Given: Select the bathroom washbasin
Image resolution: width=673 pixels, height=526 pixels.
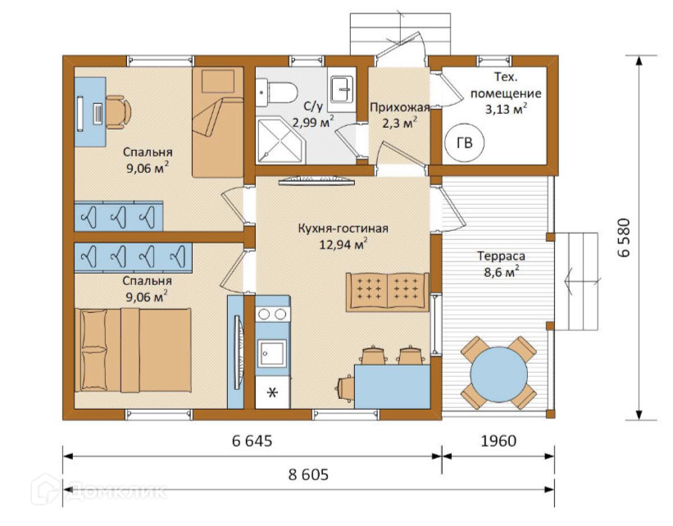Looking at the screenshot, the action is tap(342, 89).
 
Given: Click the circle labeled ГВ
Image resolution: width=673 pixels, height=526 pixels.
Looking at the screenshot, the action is tap(465, 143).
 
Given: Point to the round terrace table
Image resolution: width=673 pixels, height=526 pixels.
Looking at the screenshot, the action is tap(498, 374).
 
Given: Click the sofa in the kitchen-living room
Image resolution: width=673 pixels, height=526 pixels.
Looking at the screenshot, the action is tap(388, 292).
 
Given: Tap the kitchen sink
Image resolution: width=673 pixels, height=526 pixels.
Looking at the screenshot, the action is tap(272, 353).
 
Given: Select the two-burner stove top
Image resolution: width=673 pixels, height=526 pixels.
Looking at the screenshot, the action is tap(272, 314).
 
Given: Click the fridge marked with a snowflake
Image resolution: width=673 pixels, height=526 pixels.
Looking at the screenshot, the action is tap(272, 392).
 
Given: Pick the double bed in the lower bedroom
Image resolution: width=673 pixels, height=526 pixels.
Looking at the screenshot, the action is tap(133, 350).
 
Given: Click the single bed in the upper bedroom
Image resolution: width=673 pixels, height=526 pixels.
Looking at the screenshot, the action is tap(217, 122).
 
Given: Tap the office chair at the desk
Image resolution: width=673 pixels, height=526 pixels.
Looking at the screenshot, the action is tap(117, 111).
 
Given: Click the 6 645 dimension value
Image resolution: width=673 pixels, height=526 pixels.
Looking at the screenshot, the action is tap(252, 441).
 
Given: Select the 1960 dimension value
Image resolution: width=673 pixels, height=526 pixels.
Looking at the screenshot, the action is tap(498, 441).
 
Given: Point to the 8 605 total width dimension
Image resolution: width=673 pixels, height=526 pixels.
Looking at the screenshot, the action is tap(308, 474).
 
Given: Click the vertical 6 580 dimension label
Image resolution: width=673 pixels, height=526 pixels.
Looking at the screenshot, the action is tap(624, 238).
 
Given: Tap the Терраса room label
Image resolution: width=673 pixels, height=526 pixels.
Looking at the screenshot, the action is tap(502, 256).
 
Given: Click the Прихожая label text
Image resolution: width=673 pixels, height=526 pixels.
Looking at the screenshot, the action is tap(399, 107).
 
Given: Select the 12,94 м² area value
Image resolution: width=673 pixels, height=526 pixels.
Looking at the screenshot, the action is tap(343, 244).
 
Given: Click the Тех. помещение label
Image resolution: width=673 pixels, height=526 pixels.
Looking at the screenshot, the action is tap(506, 85).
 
